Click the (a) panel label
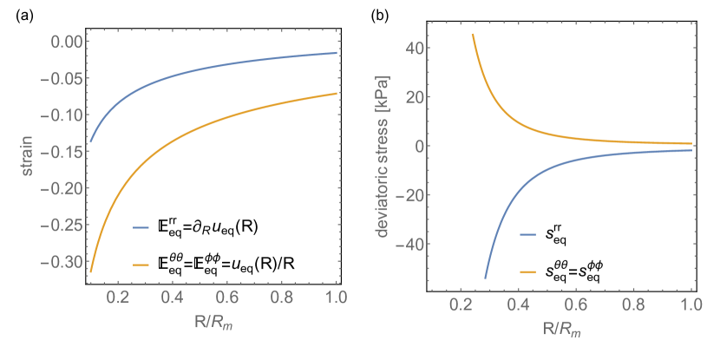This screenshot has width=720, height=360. tap(25, 15)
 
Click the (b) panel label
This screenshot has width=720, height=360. tap(379, 15)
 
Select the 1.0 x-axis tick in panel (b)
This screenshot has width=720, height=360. tap(691, 305)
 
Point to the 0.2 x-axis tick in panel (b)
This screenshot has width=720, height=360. tap(461, 305)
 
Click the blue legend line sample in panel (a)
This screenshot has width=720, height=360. tap(141, 228)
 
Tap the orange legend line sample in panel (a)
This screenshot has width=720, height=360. tap(141, 265)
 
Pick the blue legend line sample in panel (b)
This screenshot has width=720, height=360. tap(527, 234)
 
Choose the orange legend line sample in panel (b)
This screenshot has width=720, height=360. tap(527, 272)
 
